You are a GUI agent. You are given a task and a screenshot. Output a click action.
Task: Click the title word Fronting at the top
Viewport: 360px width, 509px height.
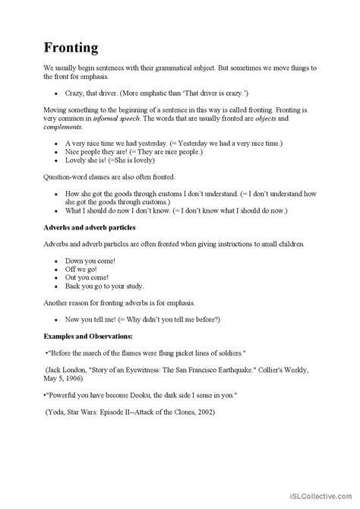pyautogui.click(x=70, y=47)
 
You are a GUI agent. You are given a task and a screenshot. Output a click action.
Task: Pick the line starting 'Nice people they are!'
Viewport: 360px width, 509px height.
pyautogui.click(x=103, y=151)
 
